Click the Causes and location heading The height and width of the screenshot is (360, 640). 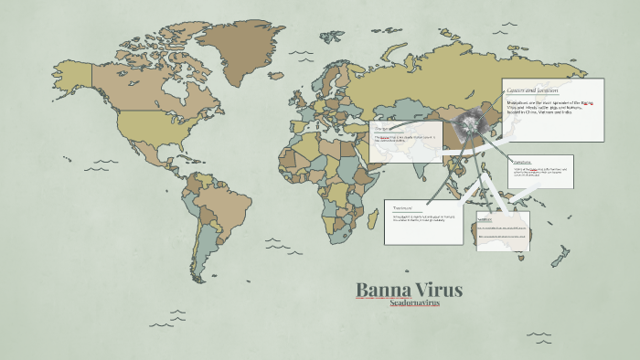[533, 90]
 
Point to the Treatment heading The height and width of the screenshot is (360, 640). [399, 207]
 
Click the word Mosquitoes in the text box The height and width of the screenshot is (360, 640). [521, 103]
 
